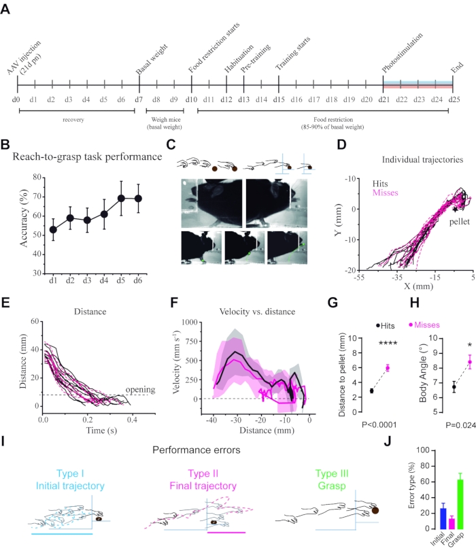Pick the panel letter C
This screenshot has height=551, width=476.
(171, 145)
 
